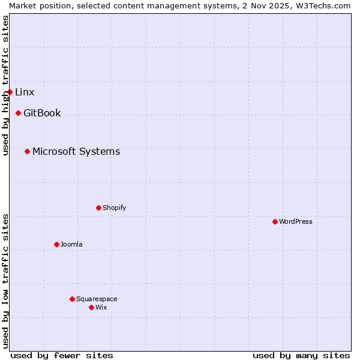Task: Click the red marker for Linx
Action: pos(10,92)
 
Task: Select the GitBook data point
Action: pos(18,113)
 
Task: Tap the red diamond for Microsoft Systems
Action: pos(27,151)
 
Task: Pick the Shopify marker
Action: pos(98,208)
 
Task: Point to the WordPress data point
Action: pos(275,221)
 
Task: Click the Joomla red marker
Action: pos(56,244)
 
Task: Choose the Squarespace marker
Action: pos(72,299)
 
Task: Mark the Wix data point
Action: pos(91,307)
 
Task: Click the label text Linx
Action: pos(25,92)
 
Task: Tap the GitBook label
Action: pos(42,113)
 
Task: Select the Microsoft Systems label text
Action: pos(76,151)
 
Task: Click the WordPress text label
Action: pos(296,221)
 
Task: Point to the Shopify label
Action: pos(114,208)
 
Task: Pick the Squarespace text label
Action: pos(97,299)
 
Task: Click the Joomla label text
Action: pos(71,244)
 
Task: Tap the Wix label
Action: pos(101,307)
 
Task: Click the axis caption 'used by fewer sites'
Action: pos(62,355)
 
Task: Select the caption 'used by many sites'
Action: pos(301,355)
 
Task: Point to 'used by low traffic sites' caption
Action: pos(5,281)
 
